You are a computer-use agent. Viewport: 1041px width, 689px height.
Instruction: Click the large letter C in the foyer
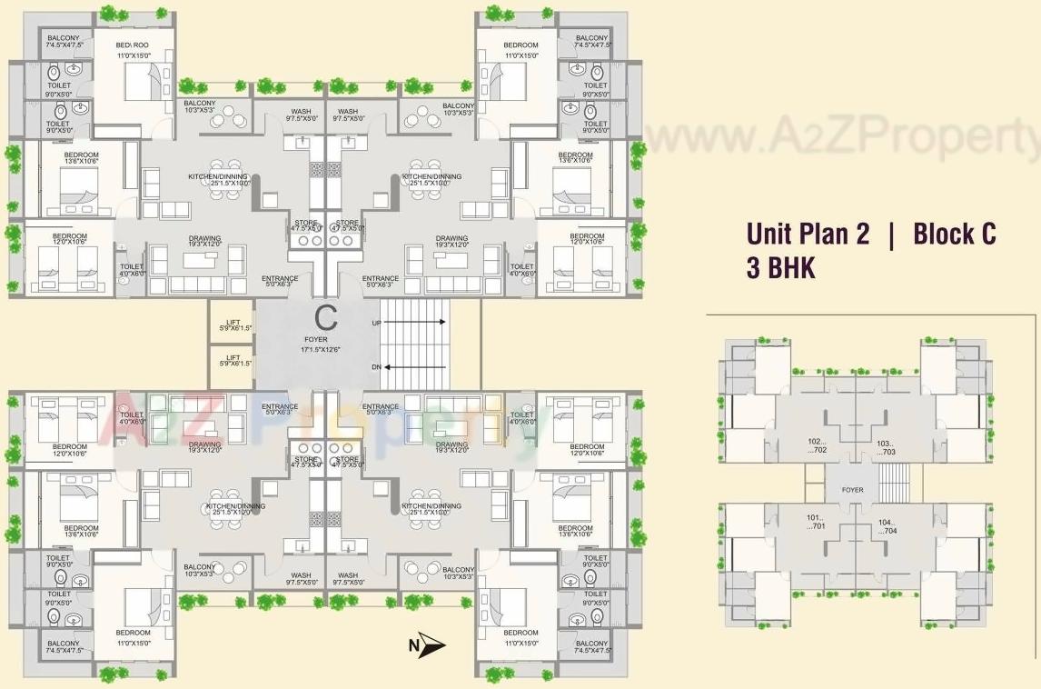coord(325,317)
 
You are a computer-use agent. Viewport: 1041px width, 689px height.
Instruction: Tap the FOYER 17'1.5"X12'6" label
coord(316,344)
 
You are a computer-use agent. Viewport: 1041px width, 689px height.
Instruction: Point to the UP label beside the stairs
coord(376,323)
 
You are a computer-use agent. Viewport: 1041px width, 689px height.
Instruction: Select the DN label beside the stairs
coord(376,367)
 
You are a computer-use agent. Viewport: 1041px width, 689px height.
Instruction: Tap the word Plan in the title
coord(819,234)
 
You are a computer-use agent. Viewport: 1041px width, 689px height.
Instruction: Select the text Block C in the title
coord(954,234)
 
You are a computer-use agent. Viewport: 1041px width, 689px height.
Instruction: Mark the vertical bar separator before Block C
coord(892,234)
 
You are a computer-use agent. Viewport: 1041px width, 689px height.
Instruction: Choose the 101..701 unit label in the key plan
coord(815,522)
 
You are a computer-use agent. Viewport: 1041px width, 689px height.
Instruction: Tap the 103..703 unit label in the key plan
coord(885,447)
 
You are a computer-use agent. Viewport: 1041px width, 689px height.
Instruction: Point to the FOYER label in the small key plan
coord(852,490)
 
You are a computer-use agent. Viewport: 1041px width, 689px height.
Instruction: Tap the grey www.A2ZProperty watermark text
coord(840,137)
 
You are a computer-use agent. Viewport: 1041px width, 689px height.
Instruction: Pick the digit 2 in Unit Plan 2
coord(860,234)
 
